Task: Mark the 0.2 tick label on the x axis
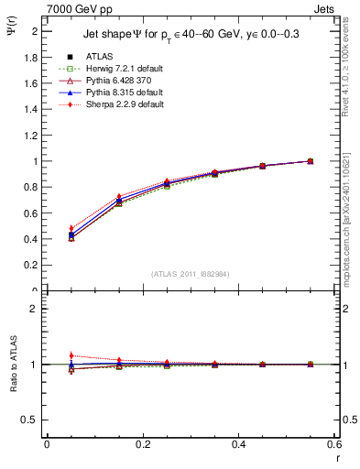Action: pyautogui.click(x=142, y=444)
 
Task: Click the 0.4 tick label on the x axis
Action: pyautogui.click(x=238, y=444)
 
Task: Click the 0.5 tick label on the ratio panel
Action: pyautogui.click(x=32, y=420)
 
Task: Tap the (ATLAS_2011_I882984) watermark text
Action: pyautogui.click(x=191, y=274)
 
